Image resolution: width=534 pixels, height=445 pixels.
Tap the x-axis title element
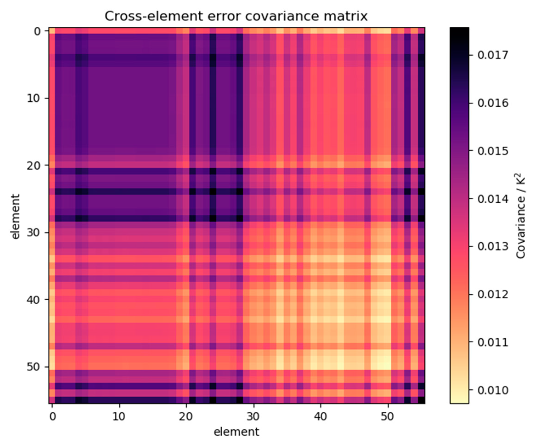tap(236, 432)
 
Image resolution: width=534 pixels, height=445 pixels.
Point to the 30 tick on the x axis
tap(253, 417)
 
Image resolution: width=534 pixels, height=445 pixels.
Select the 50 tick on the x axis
tap(387, 417)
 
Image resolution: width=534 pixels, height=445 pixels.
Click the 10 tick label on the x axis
tap(119, 417)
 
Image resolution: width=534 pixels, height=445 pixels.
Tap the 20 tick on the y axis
tap(34, 165)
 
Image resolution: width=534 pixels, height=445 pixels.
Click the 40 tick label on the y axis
tap(34, 300)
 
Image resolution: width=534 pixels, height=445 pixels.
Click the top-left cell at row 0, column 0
tap(52, 31)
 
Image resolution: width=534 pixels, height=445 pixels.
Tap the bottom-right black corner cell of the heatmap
tap(421, 400)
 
